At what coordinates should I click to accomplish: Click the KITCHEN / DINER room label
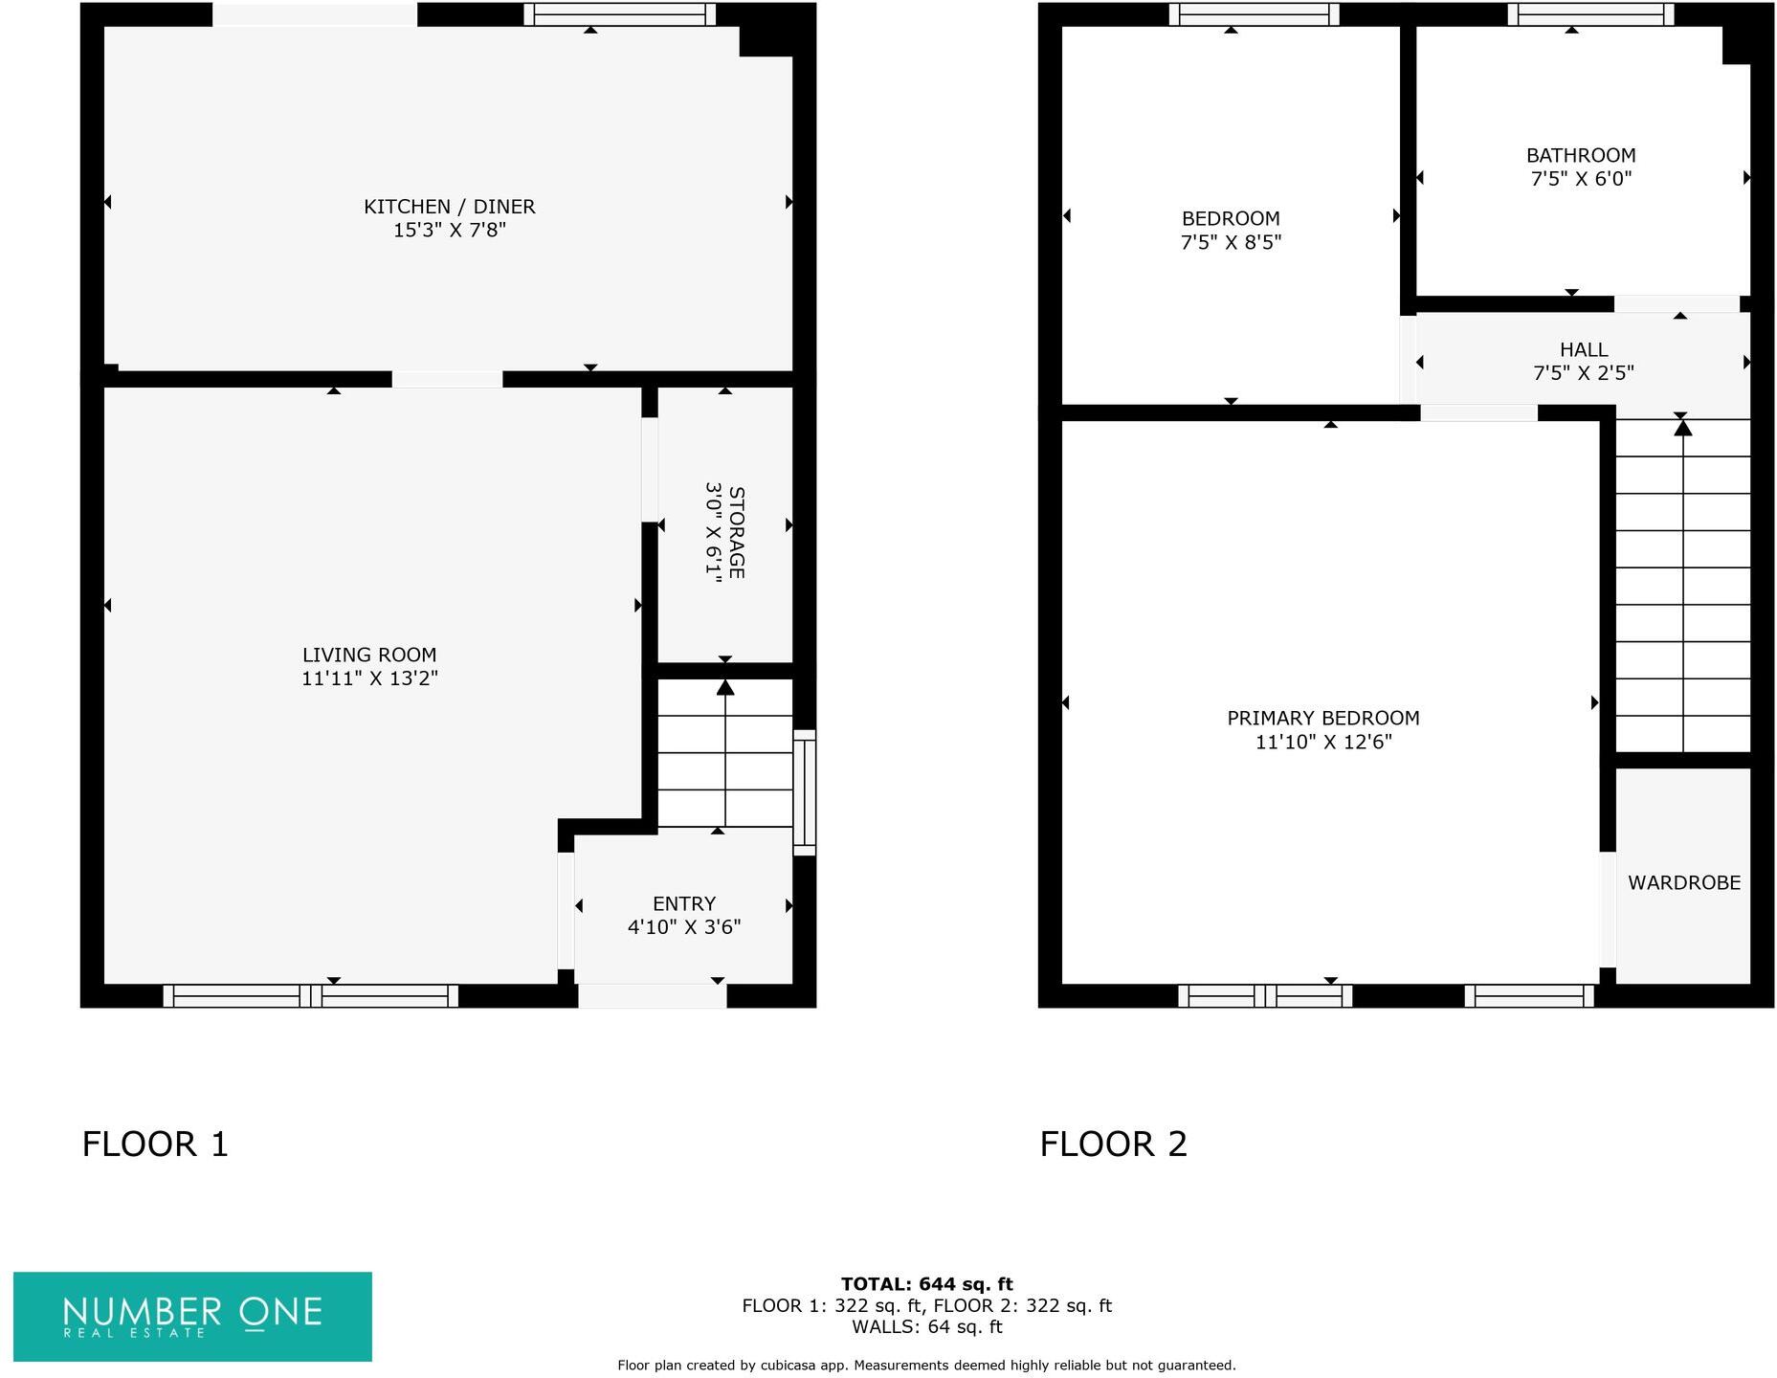coord(449,207)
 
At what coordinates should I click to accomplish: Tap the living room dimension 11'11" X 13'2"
coord(369,678)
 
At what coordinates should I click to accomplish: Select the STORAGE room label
coord(736,532)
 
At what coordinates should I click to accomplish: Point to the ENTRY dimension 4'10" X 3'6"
coord(683,927)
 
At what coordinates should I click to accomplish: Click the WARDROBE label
coord(1683,883)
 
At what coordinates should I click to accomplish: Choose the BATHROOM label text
coord(1580,155)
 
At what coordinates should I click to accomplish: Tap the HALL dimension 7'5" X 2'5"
coord(1583,373)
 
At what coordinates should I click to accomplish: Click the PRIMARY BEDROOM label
coord(1322,718)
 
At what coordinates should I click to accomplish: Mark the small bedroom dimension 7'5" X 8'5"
coord(1230,243)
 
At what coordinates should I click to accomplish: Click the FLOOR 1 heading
coord(155,1144)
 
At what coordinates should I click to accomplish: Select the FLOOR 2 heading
coord(1113,1144)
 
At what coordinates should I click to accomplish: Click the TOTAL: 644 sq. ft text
coord(926,1284)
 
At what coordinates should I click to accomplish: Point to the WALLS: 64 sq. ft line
coord(926,1327)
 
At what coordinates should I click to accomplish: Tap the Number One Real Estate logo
coord(192,1316)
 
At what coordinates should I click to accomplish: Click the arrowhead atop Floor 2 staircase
coord(1682,428)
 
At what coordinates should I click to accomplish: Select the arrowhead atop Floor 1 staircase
coord(725,687)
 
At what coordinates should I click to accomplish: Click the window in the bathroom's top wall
coord(1589,14)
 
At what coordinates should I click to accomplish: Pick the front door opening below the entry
coord(652,996)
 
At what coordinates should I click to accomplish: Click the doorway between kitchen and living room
coord(447,380)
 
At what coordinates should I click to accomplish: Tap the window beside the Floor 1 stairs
coord(805,792)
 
